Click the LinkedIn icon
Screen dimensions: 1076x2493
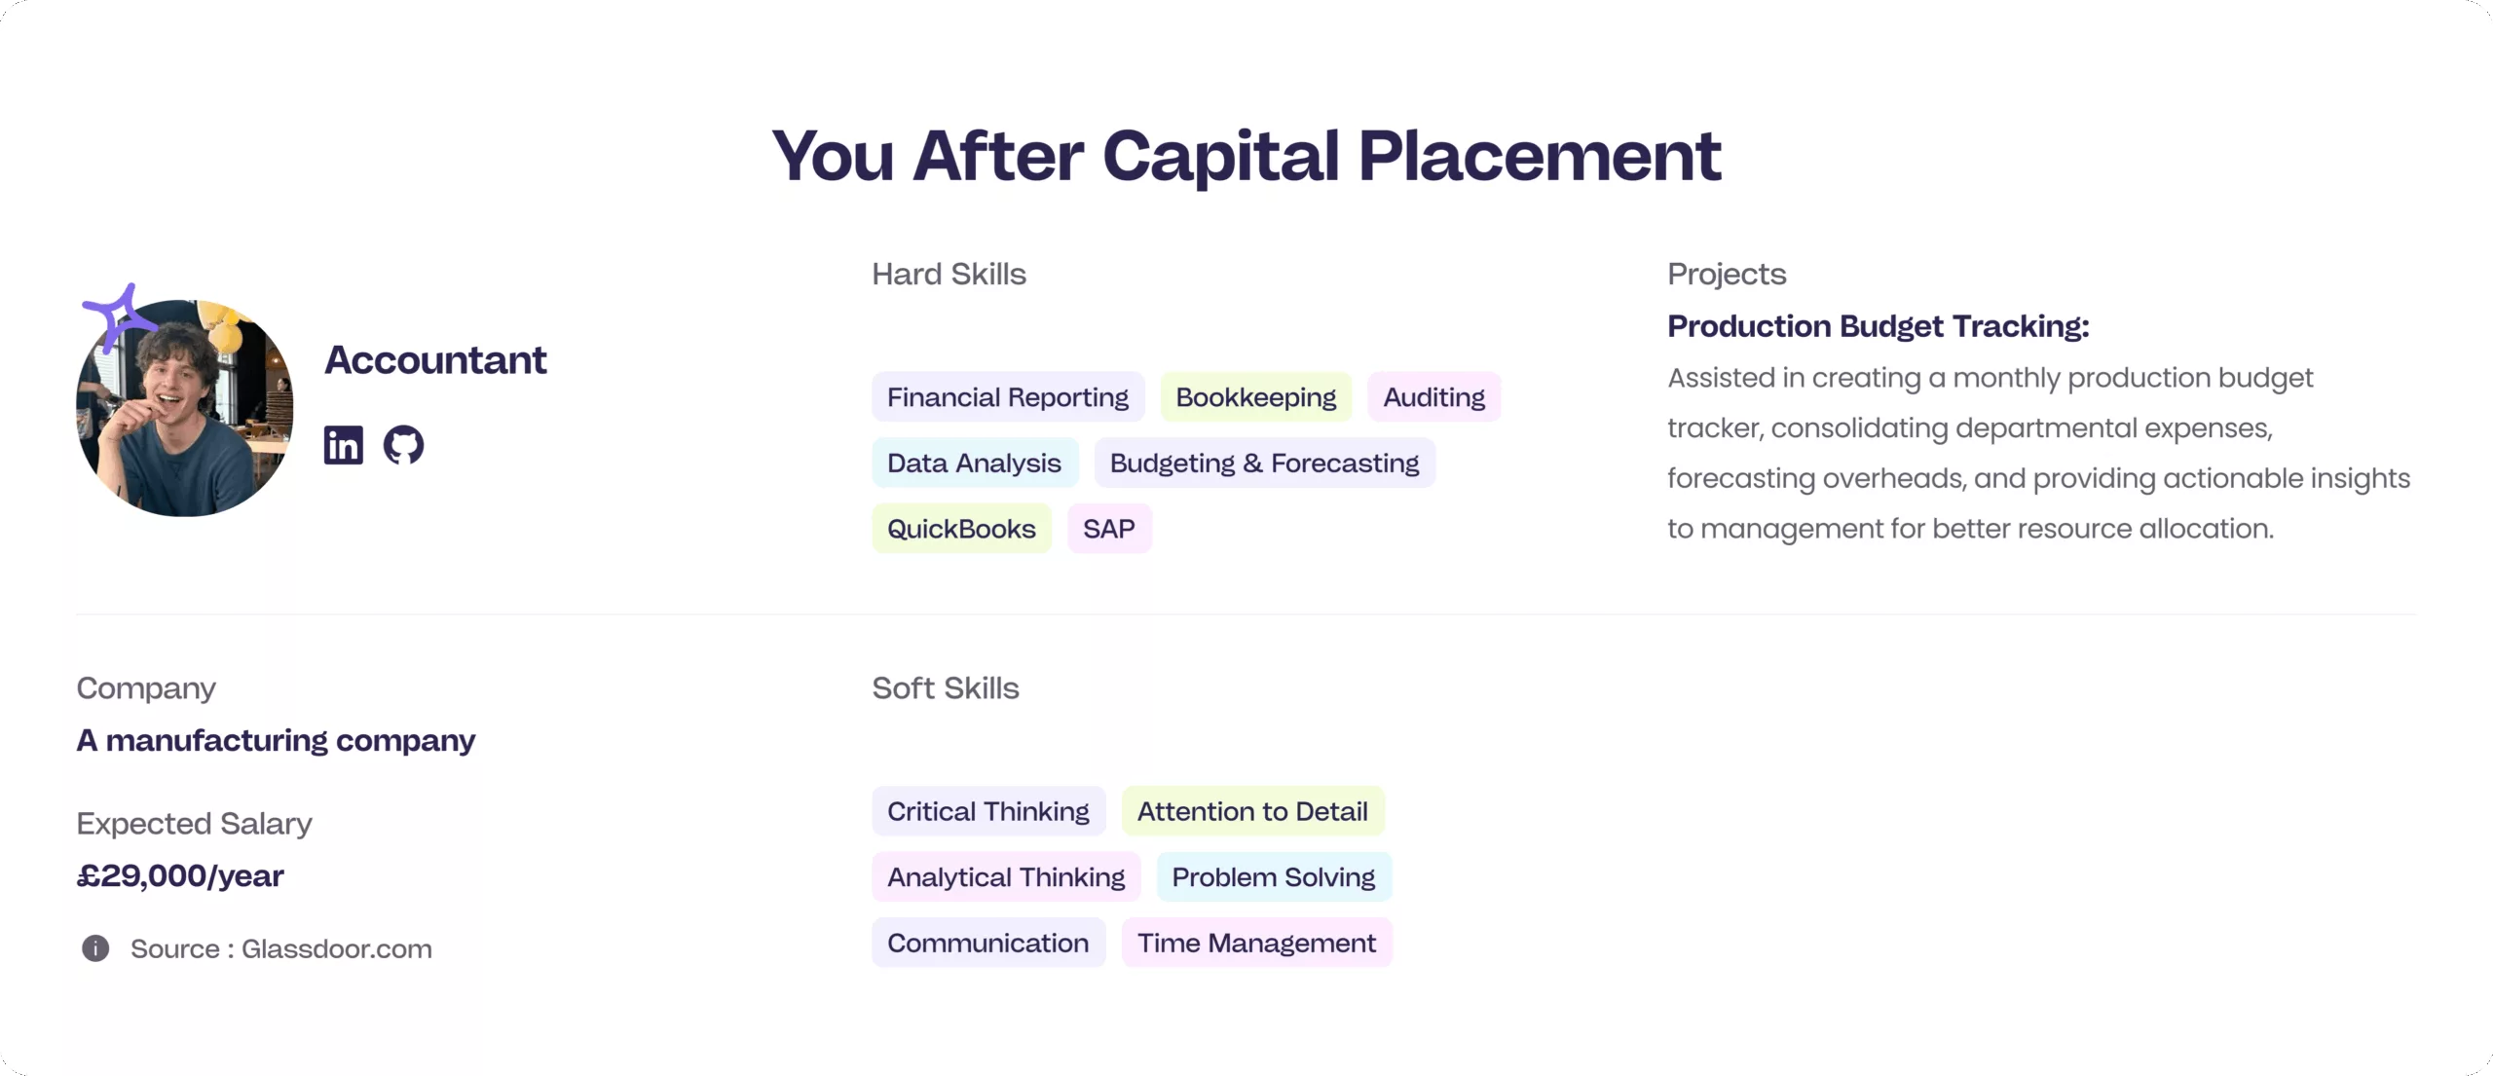click(343, 445)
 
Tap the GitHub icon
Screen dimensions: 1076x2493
click(403, 445)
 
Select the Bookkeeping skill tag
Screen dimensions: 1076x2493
click(1255, 397)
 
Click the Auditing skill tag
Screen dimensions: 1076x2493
click(1433, 397)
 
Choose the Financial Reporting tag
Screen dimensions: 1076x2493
click(1007, 397)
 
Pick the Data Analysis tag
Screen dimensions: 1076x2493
click(974, 464)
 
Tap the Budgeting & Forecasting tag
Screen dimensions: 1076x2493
click(1264, 464)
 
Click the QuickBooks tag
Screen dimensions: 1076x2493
click(961, 529)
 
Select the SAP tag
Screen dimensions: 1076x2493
click(1108, 529)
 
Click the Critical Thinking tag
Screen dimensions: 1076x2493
click(987, 811)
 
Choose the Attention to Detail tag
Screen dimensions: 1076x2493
click(1252, 811)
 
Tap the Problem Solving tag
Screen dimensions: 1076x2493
click(1273, 877)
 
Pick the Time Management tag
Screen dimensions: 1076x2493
click(1256, 943)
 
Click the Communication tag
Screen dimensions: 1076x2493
click(987, 943)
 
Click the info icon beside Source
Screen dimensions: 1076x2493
click(95, 948)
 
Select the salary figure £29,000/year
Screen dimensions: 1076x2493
click(180, 876)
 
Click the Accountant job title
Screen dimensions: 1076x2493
click(434, 360)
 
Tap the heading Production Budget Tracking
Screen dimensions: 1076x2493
click(1878, 326)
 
